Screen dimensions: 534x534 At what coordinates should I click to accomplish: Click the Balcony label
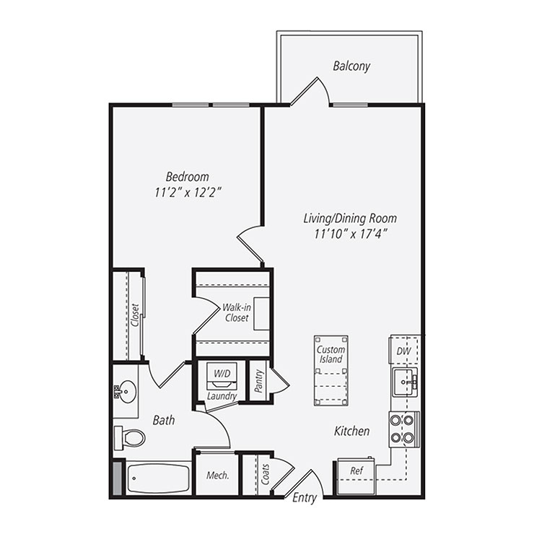(x=351, y=66)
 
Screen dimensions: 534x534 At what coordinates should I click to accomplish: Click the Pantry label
(x=258, y=380)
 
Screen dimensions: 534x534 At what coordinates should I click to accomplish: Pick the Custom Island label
(x=331, y=354)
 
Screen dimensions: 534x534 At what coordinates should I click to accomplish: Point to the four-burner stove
(x=403, y=429)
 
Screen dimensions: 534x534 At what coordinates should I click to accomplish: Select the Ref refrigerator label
(x=356, y=470)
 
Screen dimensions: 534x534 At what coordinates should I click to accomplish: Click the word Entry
(x=305, y=498)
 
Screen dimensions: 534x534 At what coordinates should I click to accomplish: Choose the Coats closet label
(x=266, y=474)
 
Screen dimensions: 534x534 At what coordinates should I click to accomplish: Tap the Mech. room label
(x=218, y=476)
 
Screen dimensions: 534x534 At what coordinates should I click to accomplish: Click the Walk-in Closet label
(x=236, y=312)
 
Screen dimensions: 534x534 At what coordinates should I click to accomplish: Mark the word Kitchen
(x=351, y=431)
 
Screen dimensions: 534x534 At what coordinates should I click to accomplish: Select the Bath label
(x=164, y=419)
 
